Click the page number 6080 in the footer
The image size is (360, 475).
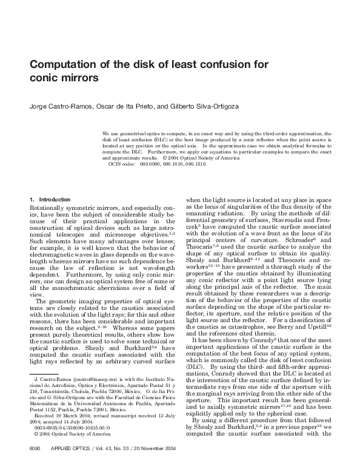pos(35,466)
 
